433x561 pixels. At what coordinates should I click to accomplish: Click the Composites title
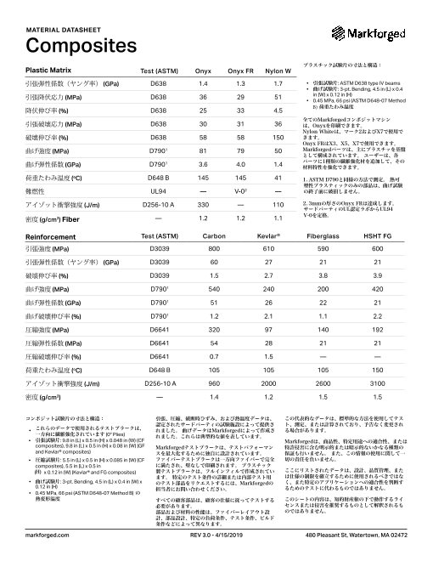click(x=71, y=44)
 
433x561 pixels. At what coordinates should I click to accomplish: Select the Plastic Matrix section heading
click(x=48, y=69)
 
